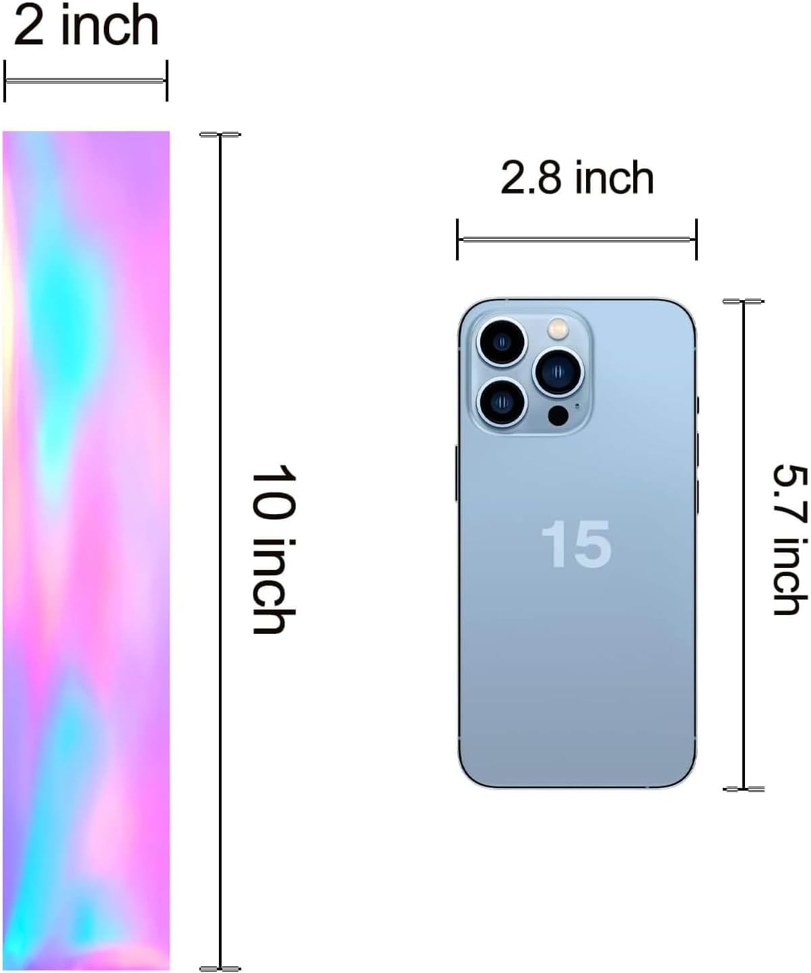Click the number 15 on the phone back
[x=577, y=544]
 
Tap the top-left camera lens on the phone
[x=502, y=343]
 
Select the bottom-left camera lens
[x=502, y=401]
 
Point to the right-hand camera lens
[x=558, y=371]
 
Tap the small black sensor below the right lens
[x=558, y=415]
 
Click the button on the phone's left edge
[x=457, y=473]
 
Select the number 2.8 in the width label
[x=531, y=178]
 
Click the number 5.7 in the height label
[x=789, y=494]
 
